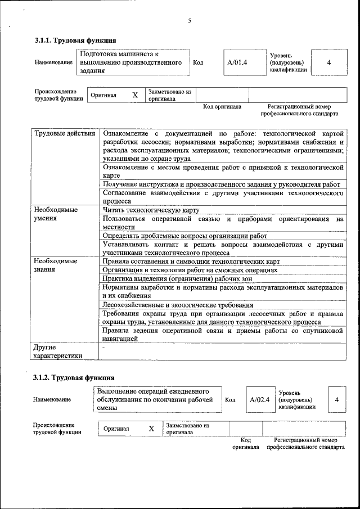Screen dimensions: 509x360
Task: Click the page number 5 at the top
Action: click(190, 21)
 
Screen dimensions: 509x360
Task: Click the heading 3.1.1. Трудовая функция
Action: click(75, 40)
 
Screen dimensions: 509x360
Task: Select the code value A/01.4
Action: click(237, 62)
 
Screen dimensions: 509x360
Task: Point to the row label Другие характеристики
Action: click(58, 352)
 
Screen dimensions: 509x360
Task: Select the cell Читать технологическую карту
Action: click(151, 210)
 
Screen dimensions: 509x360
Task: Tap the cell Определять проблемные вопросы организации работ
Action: click(184, 236)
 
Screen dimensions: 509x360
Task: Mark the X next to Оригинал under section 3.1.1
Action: click(135, 95)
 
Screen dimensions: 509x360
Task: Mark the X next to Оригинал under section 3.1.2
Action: click(151, 429)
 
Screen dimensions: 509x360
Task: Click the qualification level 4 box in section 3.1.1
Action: click(328, 62)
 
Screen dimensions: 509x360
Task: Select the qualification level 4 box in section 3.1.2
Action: click(336, 400)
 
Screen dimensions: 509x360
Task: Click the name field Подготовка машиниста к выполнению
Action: click(133, 62)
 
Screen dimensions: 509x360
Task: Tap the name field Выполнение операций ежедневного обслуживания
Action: click(156, 400)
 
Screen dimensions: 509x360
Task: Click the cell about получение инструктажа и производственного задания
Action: click(222, 184)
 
